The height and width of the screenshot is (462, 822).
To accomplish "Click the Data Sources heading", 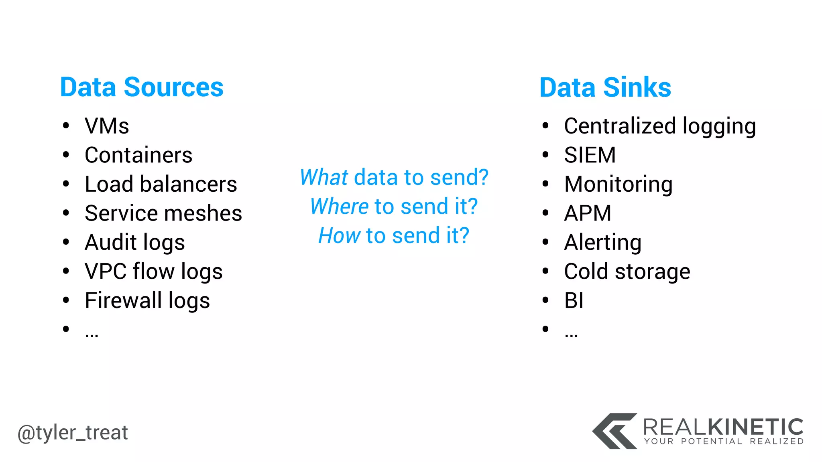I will tap(142, 87).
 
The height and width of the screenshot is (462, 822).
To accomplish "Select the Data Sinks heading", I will tap(605, 87).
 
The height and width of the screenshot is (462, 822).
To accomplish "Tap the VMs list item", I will tap(107, 126).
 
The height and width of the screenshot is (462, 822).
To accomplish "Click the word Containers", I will tap(138, 155).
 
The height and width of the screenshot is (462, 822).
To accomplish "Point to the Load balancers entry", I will tap(161, 184).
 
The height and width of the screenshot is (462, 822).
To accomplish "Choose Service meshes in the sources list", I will tap(163, 213).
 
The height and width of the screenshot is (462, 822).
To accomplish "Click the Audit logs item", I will tap(135, 243).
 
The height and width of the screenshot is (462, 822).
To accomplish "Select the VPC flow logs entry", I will tap(154, 272).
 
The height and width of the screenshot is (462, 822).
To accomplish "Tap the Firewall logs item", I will tap(147, 301).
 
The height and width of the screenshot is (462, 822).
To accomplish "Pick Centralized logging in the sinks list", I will tap(660, 126).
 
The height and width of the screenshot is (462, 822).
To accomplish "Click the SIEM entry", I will tap(590, 155).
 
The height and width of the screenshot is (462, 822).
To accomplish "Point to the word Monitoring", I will tap(618, 184).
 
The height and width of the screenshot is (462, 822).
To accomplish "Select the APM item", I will tap(588, 213).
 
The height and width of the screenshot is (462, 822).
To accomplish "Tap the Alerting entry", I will tap(602, 243).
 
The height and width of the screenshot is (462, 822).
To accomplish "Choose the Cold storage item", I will tap(627, 272).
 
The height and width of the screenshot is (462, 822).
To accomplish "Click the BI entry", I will tap(574, 301).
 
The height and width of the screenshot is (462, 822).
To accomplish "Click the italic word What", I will tap(324, 177).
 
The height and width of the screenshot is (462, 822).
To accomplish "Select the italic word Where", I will tap(339, 207).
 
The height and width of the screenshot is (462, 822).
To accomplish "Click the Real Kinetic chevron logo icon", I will tap(614, 431).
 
